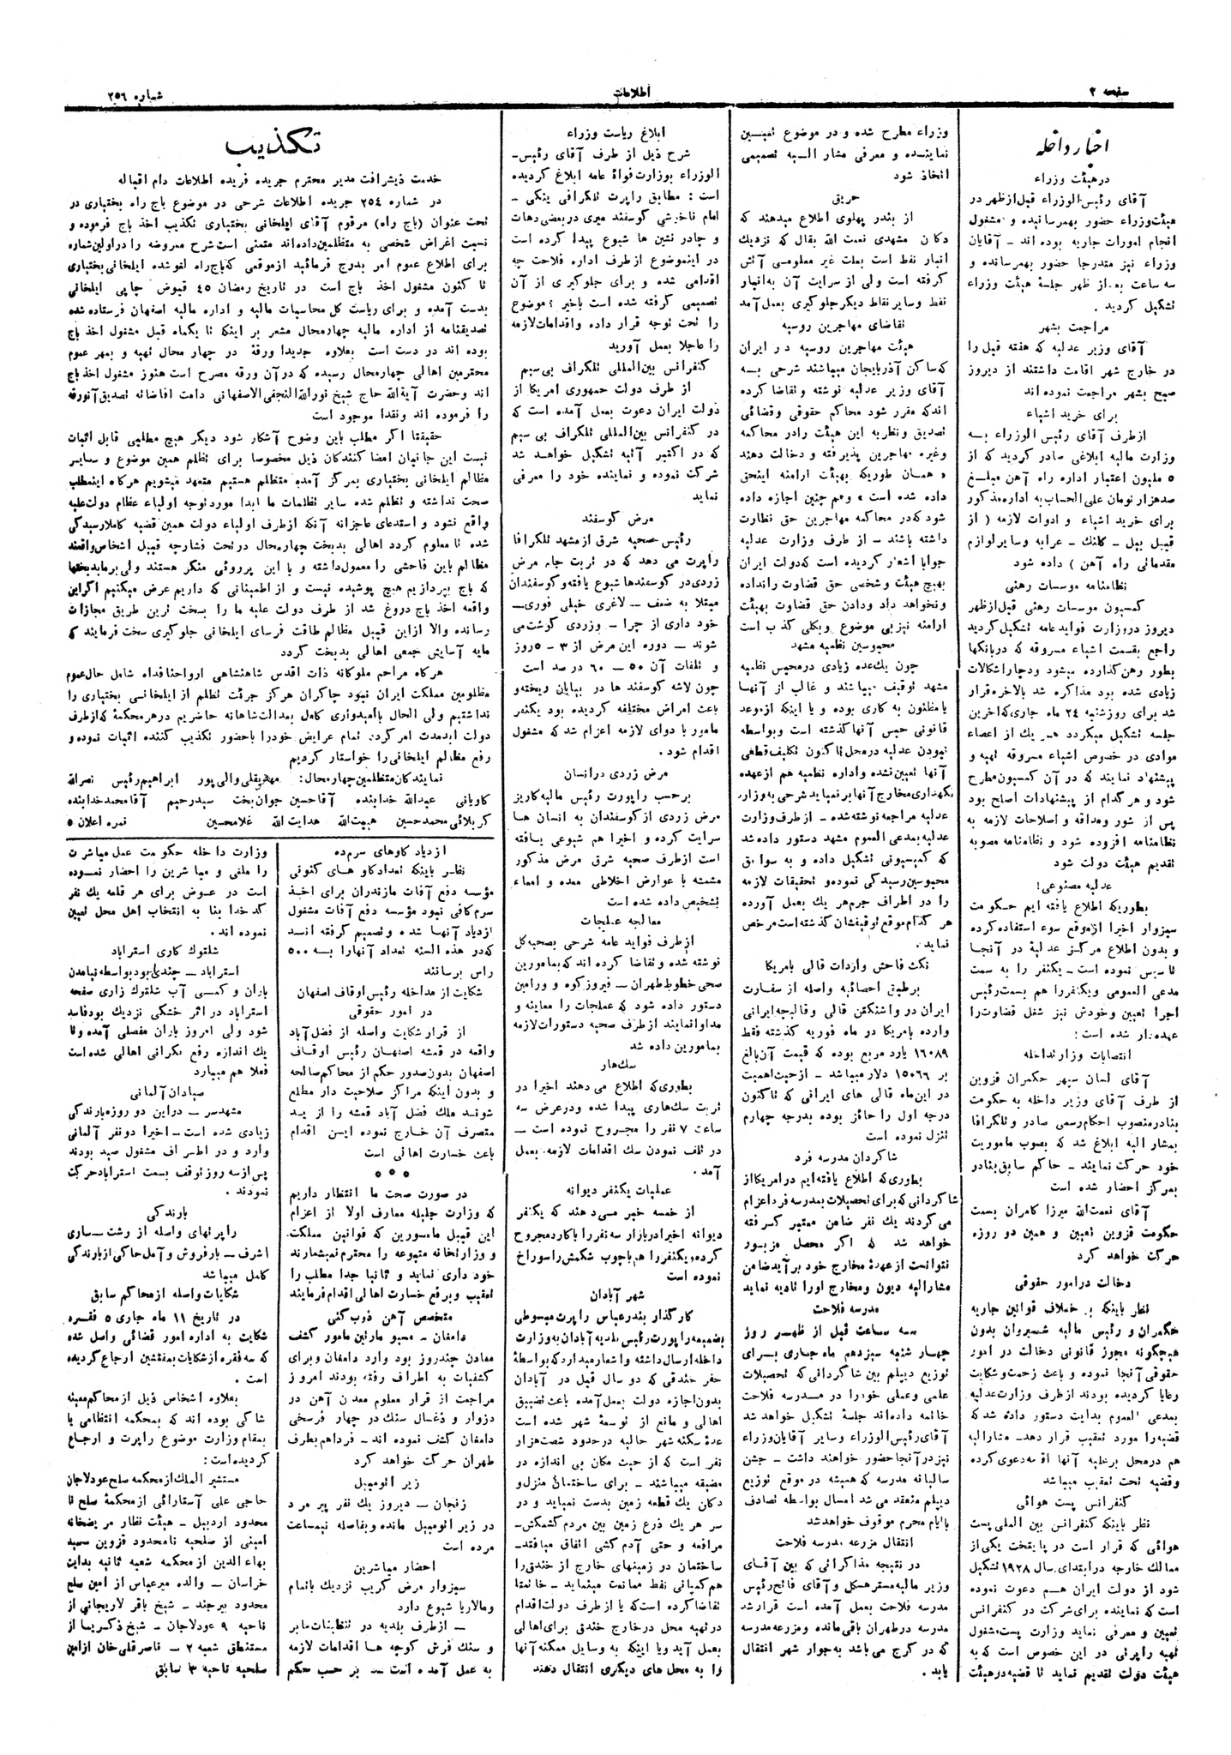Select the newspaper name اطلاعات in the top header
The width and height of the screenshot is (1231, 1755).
tap(615, 91)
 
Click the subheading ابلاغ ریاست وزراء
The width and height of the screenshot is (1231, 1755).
tap(615, 133)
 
